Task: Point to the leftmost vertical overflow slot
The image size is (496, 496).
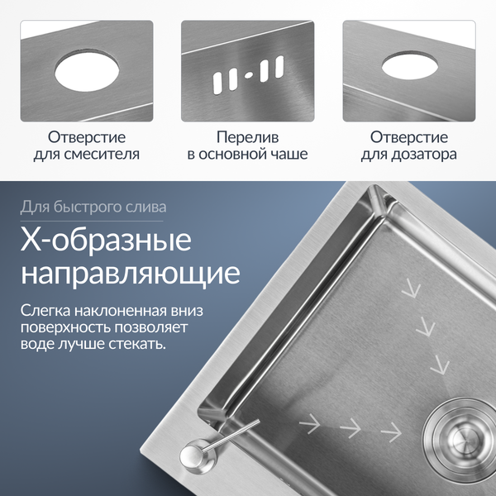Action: (x=218, y=80)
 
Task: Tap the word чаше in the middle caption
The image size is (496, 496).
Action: (x=290, y=155)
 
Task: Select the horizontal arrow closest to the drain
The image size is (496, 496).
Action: (x=390, y=430)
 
